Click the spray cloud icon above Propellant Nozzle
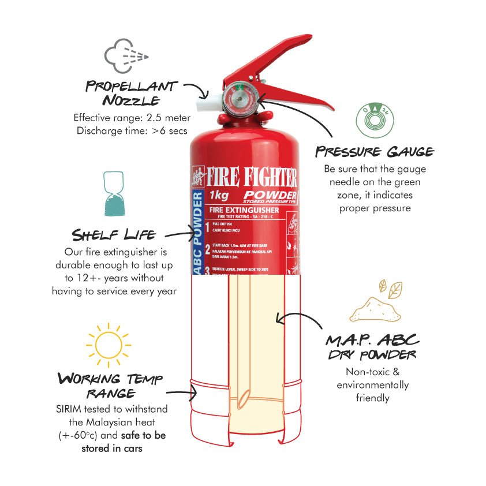[126, 55]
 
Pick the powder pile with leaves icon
[375, 302]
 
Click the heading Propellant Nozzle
[131, 93]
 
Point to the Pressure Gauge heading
[374, 152]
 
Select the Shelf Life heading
[113, 235]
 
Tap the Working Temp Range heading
[110, 386]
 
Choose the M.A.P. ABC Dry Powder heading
[372, 346]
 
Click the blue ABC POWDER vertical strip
[197, 231]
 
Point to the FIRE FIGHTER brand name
[252, 175]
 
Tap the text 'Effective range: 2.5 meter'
[132, 118]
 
